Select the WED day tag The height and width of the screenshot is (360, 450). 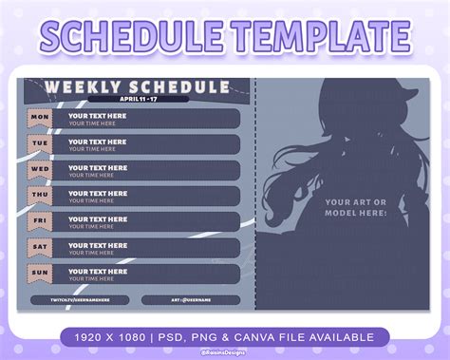pos(39,170)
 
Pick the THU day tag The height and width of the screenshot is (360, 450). pos(39,196)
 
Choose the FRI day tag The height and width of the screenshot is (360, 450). pos(39,221)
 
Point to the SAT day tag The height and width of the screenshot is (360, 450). pos(39,247)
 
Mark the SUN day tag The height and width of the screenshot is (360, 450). pos(39,273)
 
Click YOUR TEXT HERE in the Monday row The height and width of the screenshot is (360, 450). pos(96,115)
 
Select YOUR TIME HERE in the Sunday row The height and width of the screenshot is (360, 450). pos(94,278)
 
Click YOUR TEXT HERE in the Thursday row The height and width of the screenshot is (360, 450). pos(96,192)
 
